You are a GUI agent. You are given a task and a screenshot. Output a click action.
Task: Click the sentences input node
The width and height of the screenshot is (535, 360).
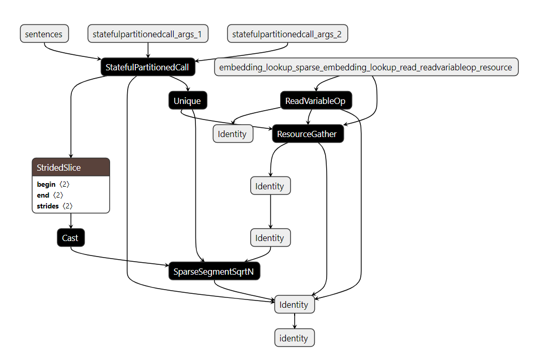click(44, 35)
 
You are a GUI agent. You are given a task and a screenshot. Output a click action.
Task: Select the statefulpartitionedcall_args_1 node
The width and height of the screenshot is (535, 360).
click(148, 35)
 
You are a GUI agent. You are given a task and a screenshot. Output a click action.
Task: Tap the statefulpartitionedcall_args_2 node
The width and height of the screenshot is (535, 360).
click(287, 35)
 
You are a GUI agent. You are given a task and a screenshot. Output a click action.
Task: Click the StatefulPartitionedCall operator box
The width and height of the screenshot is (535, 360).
click(148, 67)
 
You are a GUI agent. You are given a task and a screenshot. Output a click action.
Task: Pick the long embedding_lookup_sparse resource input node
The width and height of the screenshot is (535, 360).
click(366, 67)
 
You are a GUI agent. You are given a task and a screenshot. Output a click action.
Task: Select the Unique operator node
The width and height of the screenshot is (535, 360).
click(187, 101)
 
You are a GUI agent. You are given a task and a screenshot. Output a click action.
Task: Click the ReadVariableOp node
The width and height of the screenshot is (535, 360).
click(315, 101)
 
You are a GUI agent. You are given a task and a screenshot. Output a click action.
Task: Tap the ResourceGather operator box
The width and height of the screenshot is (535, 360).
click(307, 134)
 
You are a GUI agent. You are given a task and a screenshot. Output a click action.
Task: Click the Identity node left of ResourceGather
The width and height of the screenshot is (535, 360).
click(233, 134)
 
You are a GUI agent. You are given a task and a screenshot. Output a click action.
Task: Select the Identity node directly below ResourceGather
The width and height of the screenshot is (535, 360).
click(270, 186)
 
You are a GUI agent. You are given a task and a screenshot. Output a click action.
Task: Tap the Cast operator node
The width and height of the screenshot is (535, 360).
click(70, 238)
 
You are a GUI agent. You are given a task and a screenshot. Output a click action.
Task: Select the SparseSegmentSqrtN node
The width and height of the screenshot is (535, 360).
click(214, 271)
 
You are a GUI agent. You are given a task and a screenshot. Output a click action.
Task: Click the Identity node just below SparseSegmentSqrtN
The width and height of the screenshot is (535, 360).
click(294, 305)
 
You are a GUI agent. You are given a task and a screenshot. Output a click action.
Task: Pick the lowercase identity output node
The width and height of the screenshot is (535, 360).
click(294, 338)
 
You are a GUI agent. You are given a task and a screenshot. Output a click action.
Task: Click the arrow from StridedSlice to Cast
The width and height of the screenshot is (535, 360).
click(70, 221)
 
